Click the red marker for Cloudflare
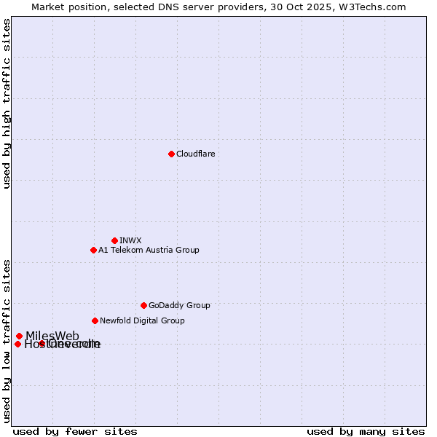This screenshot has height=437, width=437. pyautogui.click(x=171, y=154)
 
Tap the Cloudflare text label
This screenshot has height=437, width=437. pyautogui.click(x=195, y=154)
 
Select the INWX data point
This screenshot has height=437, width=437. pyautogui.click(x=114, y=240)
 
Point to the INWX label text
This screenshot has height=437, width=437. pyautogui.click(x=130, y=240)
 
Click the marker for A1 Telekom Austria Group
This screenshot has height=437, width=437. pyautogui.click(x=93, y=250)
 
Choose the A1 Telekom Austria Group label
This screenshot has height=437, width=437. pyautogui.click(x=149, y=250)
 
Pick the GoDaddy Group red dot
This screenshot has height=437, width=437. pyautogui.click(x=143, y=305)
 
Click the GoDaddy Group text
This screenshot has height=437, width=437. pyautogui.click(x=179, y=305)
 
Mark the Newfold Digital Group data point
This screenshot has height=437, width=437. pyautogui.click(x=95, y=320)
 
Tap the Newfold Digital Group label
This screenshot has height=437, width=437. pyautogui.click(x=142, y=320)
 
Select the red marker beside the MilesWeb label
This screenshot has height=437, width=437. pyautogui.click(x=19, y=336)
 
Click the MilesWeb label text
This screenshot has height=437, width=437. pyautogui.click(x=52, y=336)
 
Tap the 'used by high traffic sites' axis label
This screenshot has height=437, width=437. pyautogui.click(x=7, y=103)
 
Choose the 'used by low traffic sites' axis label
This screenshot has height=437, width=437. pyautogui.click(x=7, y=341)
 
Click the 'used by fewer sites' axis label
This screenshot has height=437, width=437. pyautogui.click(x=75, y=432)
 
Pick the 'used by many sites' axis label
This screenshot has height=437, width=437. pyautogui.click(x=366, y=432)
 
